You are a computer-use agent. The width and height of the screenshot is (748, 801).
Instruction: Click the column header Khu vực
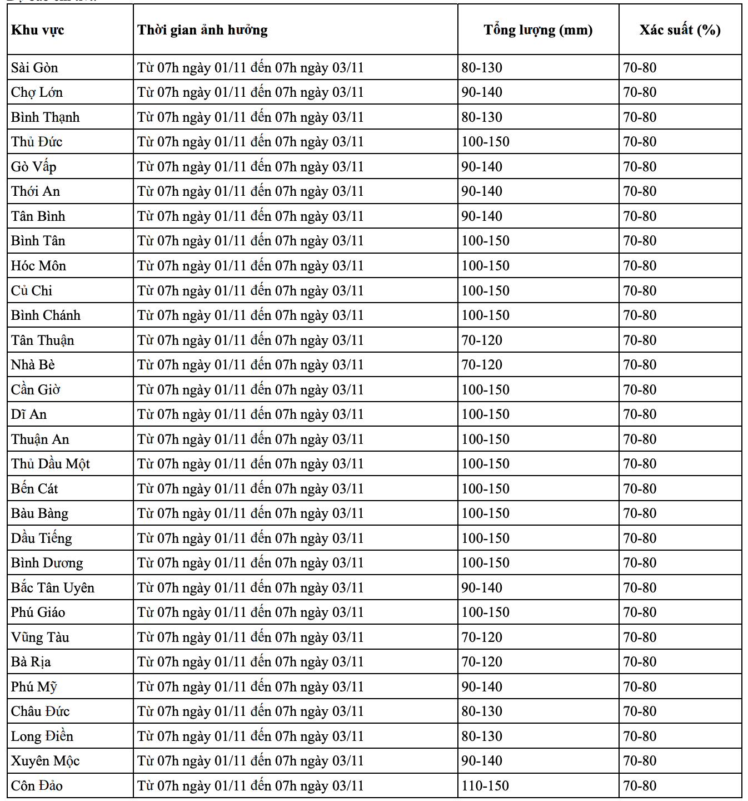click(x=38, y=30)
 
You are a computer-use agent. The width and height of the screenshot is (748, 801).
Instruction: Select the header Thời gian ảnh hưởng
click(x=203, y=30)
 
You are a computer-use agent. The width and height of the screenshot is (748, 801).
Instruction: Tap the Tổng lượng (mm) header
click(x=538, y=30)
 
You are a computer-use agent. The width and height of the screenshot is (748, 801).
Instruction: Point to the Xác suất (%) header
click(x=680, y=30)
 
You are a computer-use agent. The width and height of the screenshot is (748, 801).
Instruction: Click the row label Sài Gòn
click(x=34, y=68)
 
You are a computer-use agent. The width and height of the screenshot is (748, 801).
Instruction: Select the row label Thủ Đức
click(x=37, y=142)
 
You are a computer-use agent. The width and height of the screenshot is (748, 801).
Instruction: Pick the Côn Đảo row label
click(x=37, y=785)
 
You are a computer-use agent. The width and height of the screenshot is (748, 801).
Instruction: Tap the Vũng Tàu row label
click(x=40, y=637)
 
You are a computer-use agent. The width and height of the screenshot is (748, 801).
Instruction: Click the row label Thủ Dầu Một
click(x=51, y=464)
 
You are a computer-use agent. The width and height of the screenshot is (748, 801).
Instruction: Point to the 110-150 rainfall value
click(x=485, y=785)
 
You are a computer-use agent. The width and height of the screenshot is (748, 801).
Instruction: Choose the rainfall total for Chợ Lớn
click(x=482, y=92)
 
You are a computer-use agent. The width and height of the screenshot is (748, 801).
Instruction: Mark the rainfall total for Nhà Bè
click(x=482, y=365)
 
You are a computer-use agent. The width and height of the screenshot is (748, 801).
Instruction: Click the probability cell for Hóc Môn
click(x=640, y=266)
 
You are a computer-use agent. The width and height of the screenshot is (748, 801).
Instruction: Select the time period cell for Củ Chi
click(x=251, y=291)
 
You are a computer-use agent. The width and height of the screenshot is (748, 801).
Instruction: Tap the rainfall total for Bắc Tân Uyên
click(x=482, y=587)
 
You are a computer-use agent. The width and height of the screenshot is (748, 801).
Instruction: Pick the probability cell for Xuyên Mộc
click(x=640, y=761)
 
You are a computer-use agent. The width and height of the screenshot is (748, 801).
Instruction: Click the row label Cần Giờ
click(x=36, y=390)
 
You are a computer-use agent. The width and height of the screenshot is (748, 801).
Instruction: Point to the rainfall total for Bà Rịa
click(x=482, y=662)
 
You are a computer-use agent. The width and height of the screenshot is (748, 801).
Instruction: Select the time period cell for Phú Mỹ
click(x=251, y=687)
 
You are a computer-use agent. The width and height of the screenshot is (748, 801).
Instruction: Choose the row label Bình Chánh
click(x=46, y=315)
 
